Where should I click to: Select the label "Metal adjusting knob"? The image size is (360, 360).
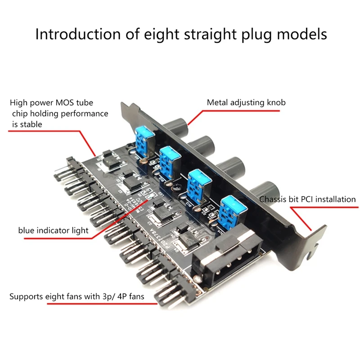[246, 103]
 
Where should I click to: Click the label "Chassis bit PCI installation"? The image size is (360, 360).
[307, 199]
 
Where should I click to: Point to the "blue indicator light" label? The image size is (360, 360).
[53, 230]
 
